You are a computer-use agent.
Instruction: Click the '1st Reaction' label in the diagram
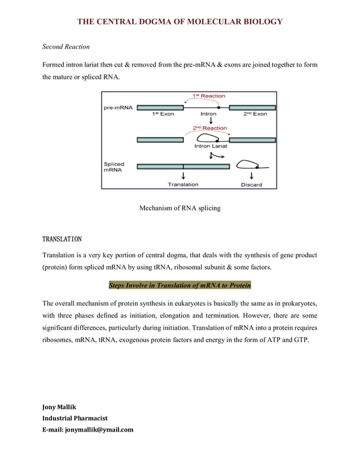pyautogui.click(x=209, y=96)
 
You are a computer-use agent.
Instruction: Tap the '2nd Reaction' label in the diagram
pyautogui.click(x=210, y=128)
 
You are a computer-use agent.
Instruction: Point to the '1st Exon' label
pyautogui.click(x=163, y=114)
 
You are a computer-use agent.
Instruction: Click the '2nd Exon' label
pyautogui.click(x=255, y=114)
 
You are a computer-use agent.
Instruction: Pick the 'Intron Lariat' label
pyautogui.click(x=210, y=146)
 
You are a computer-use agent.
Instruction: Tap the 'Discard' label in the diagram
pyautogui.click(x=251, y=184)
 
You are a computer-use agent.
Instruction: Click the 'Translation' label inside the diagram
pyautogui.click(x=183, y=184)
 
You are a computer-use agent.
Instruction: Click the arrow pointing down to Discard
pyautogui.click(x=251, y=175)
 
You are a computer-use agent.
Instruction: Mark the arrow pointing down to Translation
pyautogui.click(x=183, y=175)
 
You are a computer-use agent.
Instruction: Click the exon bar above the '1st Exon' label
pyautogui.click(x=160, y=107)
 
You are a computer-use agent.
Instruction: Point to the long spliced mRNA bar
pyautogui.click(x=183, y=166)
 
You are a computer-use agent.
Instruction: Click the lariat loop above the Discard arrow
pyautogui.click(x=247, y=165)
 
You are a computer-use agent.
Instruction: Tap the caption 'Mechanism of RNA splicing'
pyautogui.click(x=180, y=208)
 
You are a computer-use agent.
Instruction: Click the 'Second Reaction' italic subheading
pyautogui.click(x=66, y=46)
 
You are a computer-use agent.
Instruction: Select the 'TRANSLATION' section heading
pyautogui.click(x=62, y=239)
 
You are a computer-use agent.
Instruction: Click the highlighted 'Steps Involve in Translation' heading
pyautogui.click(x=180, y=285)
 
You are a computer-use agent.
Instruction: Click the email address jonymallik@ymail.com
pyautogui.click(x=88, y=429)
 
